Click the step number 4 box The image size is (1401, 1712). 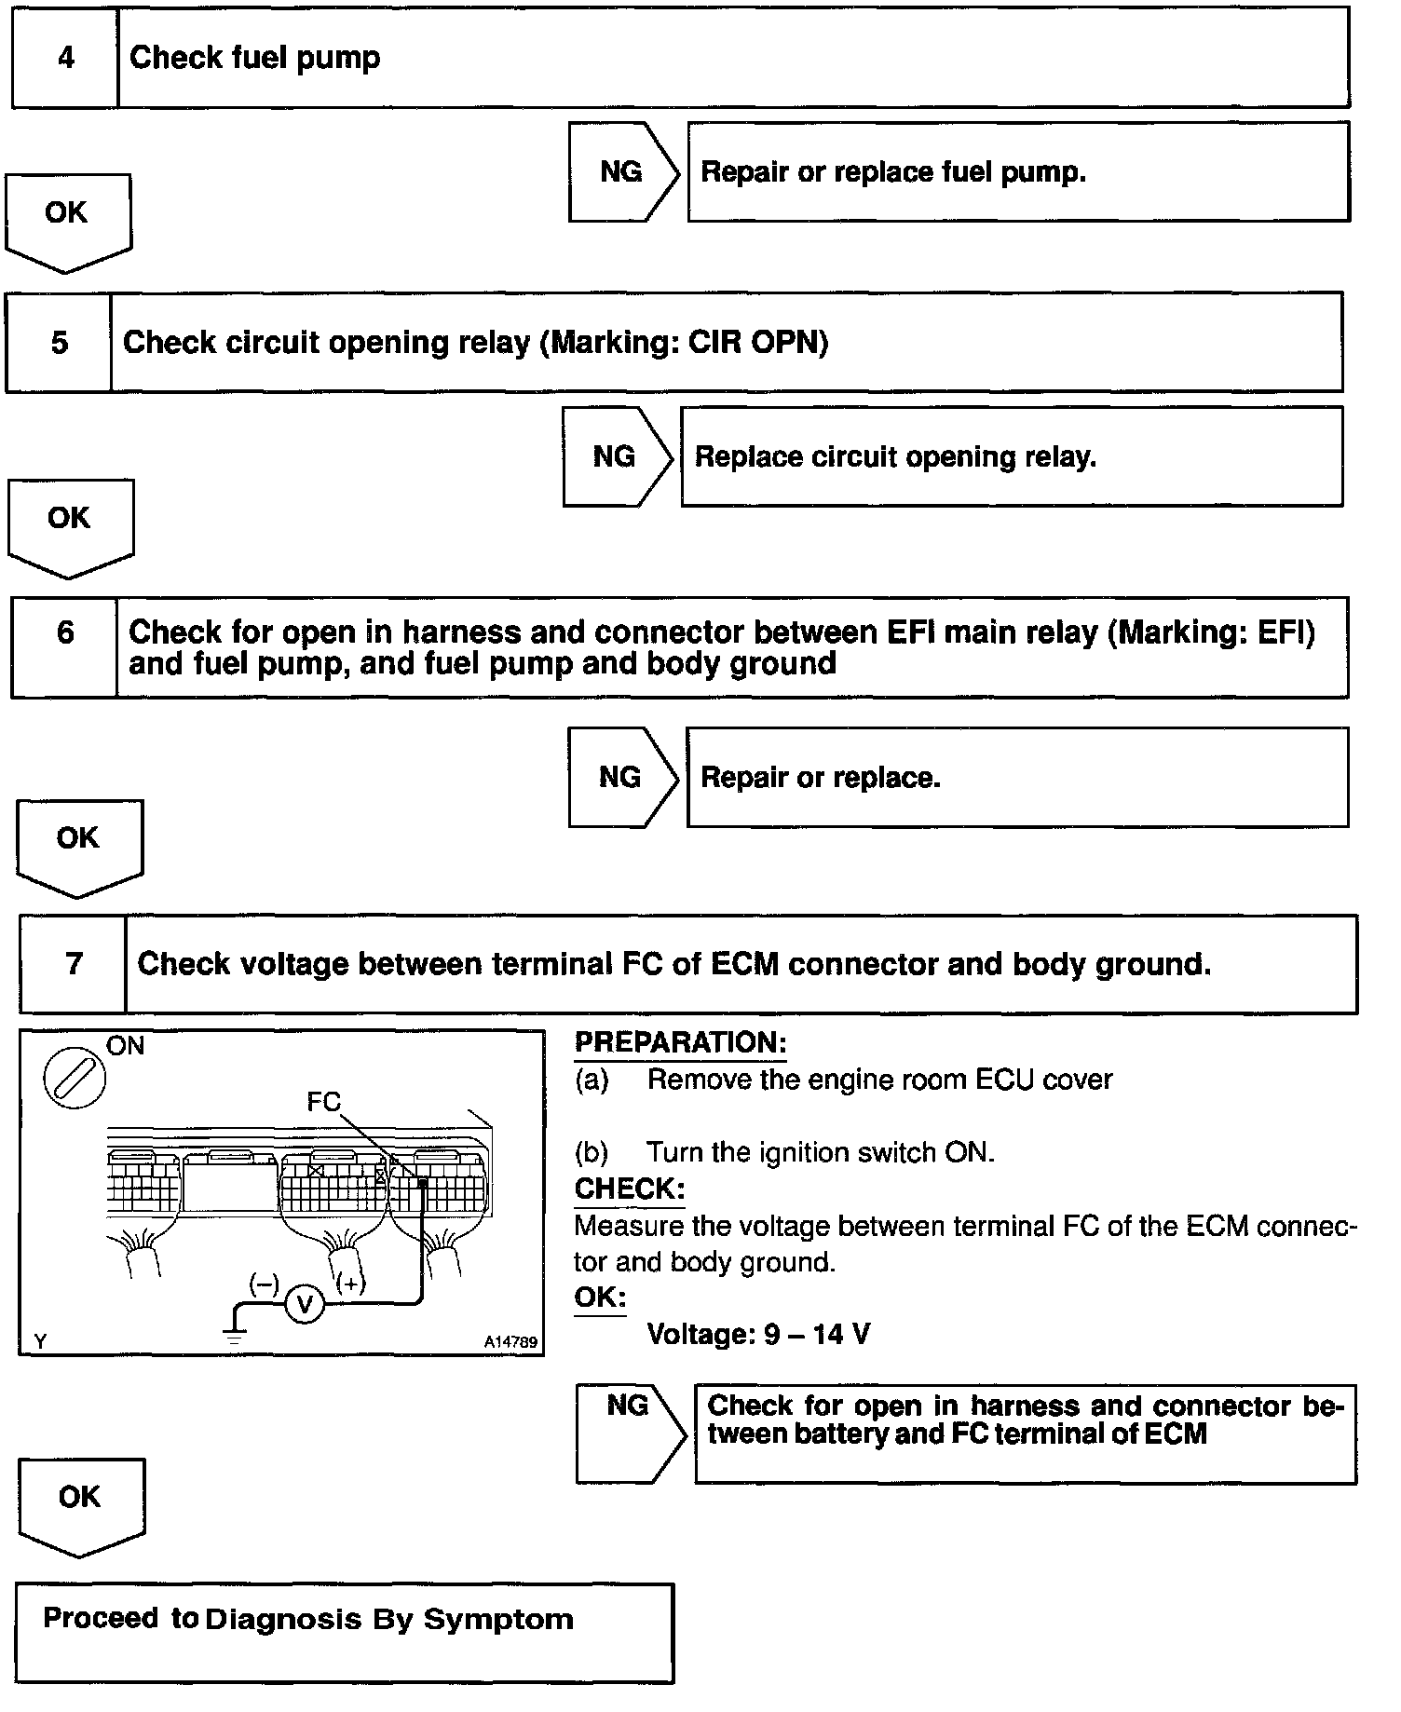(x=65, y=58)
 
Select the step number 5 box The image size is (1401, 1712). (x=59, y=342)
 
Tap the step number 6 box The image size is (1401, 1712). (x=64, y=646)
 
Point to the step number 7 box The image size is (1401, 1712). (x=73, y=964)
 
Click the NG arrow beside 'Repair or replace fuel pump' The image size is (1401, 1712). (x=622, y=172)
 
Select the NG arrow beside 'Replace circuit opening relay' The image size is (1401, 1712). (x=616, y=456)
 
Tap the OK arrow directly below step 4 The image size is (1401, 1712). (x=67, y=220)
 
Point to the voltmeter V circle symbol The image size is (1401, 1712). (x=304, y=1303)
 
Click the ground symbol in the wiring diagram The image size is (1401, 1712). (x=234, y=1338)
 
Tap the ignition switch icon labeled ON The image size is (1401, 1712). (x=75, y=1079)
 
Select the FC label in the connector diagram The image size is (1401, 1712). (x=323, y=1102)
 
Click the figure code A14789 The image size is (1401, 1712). (x=510, y=1342)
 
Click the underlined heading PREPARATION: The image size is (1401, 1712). (x=680, y=1042)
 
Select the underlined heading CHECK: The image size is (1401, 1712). (x=629, y=1189)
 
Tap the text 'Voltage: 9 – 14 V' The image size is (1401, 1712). (x=758, y=1334)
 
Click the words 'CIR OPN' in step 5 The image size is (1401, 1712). (x=756, y=342)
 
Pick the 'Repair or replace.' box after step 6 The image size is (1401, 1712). (x=1016, y=778)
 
